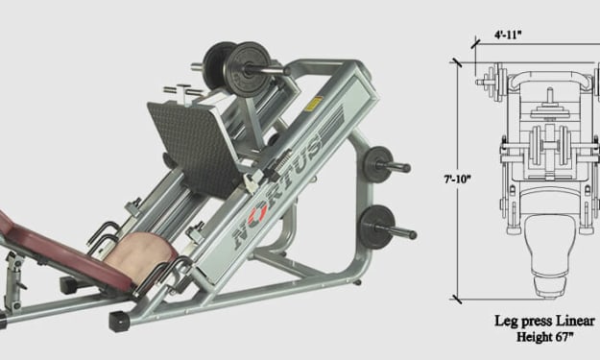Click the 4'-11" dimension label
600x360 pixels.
click(508, 35)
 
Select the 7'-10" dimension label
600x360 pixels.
click(457, 179)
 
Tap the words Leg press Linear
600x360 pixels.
click(545, 321)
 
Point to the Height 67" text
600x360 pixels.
click(545, 337)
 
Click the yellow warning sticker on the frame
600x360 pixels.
click(313, 104)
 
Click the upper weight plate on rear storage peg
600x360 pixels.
click(377, 164)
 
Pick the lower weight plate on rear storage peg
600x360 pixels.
click(376, 228)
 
